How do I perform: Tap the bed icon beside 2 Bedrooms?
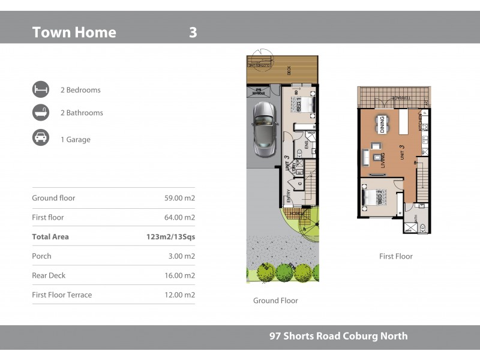[x=41, y=90]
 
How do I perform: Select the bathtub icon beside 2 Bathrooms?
[x=41, y=113]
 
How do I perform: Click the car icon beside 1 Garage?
[x=41, y=138]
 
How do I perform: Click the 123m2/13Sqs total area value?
[x=170, y=237]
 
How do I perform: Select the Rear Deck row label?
[x=49, y=275]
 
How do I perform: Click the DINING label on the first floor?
[x=381, y=124]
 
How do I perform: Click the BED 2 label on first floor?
[x=380, y=197]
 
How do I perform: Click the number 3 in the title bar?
[x=193, y=32]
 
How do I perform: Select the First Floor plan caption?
[x=396, y=256]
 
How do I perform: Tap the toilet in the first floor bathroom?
[x=422, y=228]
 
